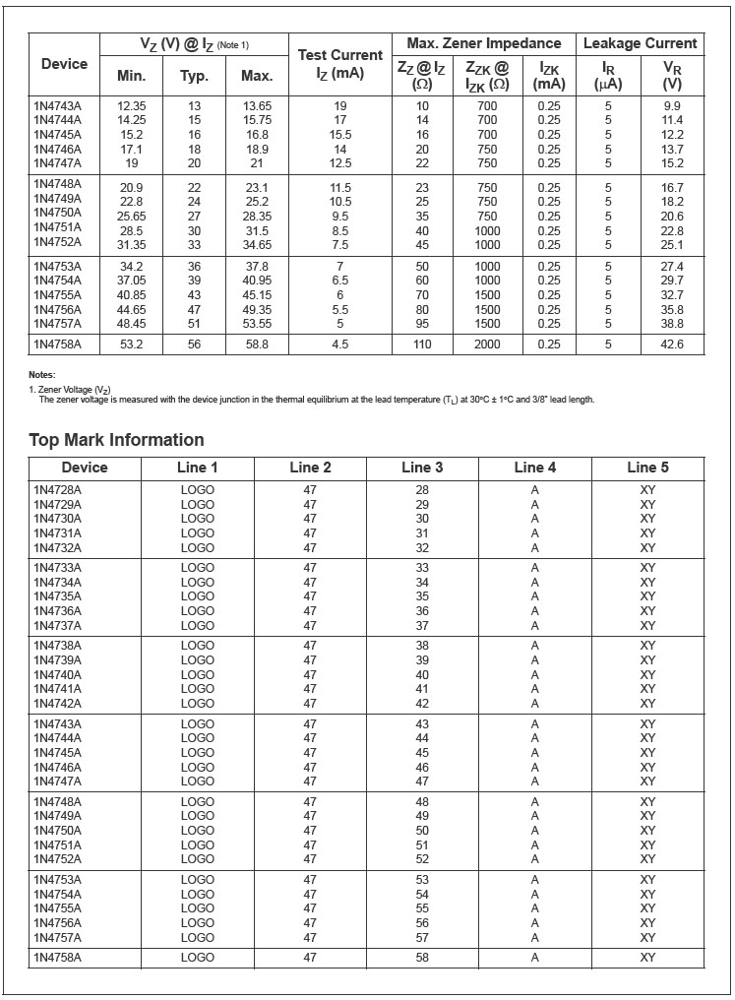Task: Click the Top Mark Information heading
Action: (116, 440)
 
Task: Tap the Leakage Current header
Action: (640, 43)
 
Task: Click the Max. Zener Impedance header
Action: (483, 43)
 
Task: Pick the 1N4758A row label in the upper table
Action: (57, 344)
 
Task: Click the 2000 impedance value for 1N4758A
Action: (487, 344)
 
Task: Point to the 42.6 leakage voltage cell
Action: (672, 344)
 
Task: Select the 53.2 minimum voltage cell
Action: (131, 344)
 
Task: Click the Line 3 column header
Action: (422, 468)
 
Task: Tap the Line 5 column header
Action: (647, 468)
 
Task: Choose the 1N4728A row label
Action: (57, 489)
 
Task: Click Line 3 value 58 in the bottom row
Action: (422, 957)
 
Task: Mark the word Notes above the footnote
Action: (42, 375)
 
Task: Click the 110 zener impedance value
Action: (422, 344)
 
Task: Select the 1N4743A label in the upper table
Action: (57, 105)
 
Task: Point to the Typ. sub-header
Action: (194, 75)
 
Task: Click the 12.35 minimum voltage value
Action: (131, 105)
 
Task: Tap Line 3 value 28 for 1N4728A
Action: (422, 489)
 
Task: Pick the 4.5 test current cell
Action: (339, 344)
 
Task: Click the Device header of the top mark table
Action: (85, 468)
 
